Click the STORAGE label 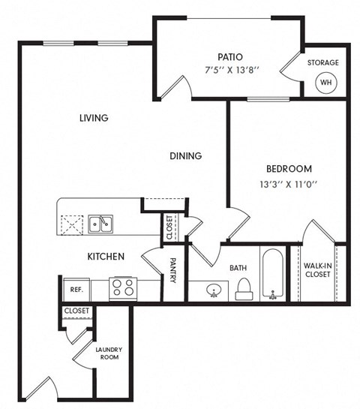pos(322,63)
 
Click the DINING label pos(185,156)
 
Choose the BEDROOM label pos(289,169)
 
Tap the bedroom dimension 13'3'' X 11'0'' pos(289,185)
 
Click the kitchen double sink pos(100,223)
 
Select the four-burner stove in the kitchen pos(122,288)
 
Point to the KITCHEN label pos(106,257)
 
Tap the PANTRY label pos(172,271)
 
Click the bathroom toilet pos(243,288)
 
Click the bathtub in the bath pos(274,274)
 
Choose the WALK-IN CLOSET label pos(319,270)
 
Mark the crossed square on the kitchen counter pos(72,223)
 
